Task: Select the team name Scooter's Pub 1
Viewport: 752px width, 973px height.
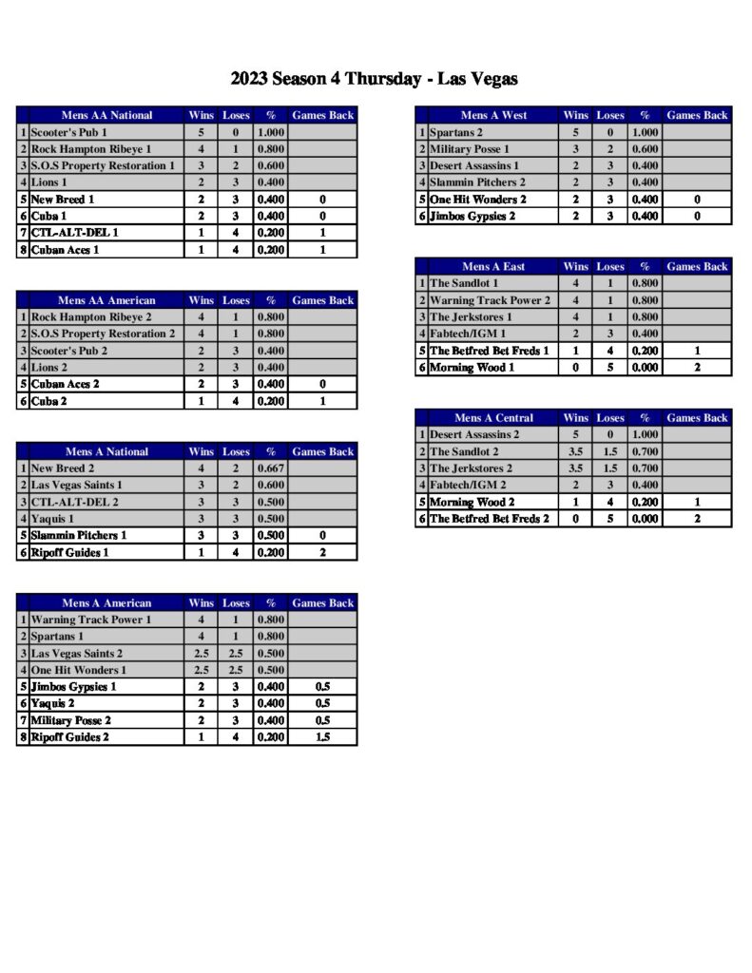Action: point(69,133)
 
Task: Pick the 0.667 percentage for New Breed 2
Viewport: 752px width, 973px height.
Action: point(270,468)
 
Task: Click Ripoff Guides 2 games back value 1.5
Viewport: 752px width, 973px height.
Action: point(322,737)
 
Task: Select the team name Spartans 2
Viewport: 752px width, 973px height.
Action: point(456,133)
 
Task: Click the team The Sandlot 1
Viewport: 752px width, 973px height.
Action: point(464,284)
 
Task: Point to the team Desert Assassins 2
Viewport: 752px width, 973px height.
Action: point(474,435)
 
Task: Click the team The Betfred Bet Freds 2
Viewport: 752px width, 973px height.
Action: point(490,520)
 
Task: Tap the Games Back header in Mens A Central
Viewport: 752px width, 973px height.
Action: point(697,418)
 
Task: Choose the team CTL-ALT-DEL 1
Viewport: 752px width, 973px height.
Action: point(75,234)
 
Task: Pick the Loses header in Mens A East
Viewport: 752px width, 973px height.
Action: point(610,267)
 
